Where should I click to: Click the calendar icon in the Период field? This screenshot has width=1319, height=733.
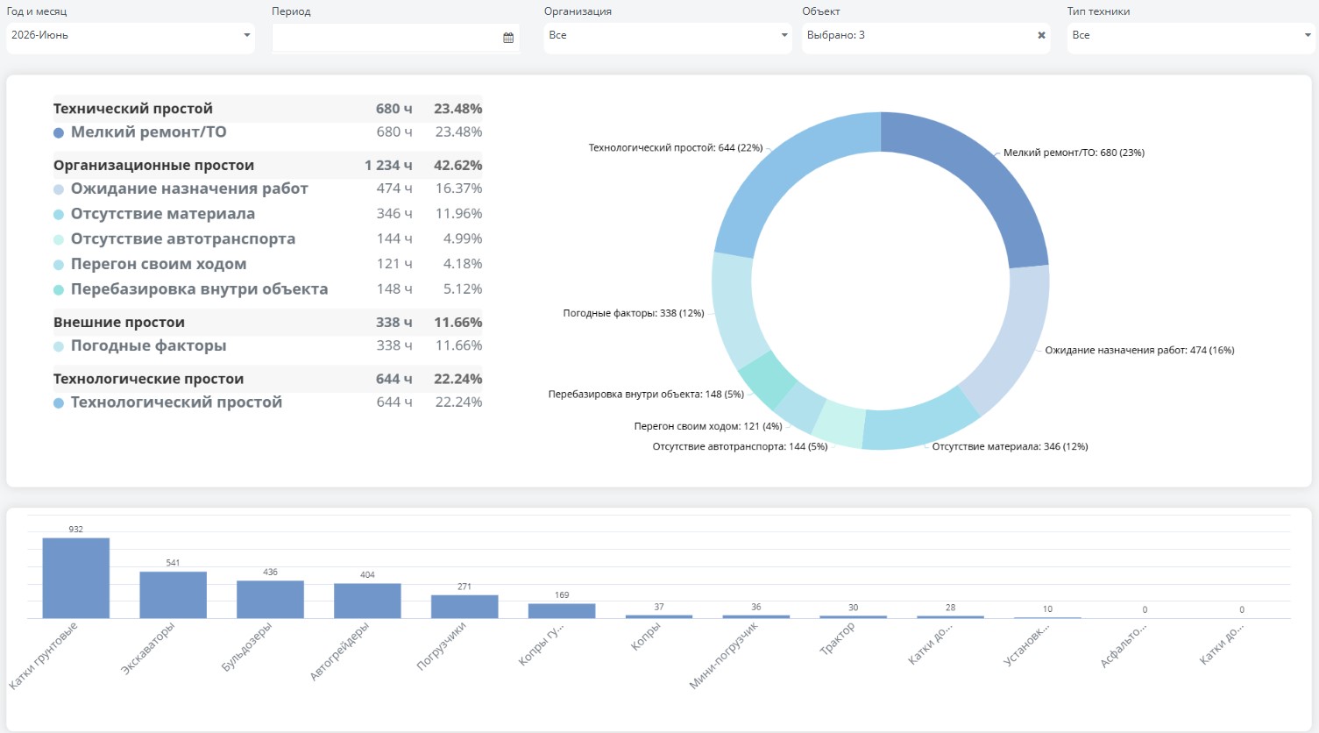(x=508, y=38)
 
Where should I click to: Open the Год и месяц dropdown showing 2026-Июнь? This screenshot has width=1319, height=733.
(x=130, y=35)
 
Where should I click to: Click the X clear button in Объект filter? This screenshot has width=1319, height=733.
(x=1041, y=35)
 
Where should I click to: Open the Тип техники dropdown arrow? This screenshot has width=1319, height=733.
(x=1308, y=35)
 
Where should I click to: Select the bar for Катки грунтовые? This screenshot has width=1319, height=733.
(x=76, y=578)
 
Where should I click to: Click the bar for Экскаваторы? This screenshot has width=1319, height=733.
(x=174, y=595)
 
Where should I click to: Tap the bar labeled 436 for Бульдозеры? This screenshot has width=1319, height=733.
(x=270, y=599)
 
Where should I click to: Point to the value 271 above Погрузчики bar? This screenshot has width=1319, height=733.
(x=464, y=587)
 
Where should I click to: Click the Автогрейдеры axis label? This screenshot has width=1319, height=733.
(x=340, y=651)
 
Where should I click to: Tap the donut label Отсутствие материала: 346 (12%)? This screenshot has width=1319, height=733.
(x=1010, y=446)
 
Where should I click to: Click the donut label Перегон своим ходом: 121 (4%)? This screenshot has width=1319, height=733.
(x=708, y=426)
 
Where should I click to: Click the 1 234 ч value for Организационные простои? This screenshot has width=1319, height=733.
(x=388, y=165)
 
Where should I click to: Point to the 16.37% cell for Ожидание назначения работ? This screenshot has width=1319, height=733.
(x=458, y=189)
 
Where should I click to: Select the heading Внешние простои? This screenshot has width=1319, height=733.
(x=119, y=323)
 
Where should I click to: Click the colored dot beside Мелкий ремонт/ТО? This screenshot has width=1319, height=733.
(x=59, y=133)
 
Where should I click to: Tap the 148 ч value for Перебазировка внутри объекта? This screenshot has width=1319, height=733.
(x=394, y=288)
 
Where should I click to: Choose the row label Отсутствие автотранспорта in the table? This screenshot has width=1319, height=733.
(x=183, y=238)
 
